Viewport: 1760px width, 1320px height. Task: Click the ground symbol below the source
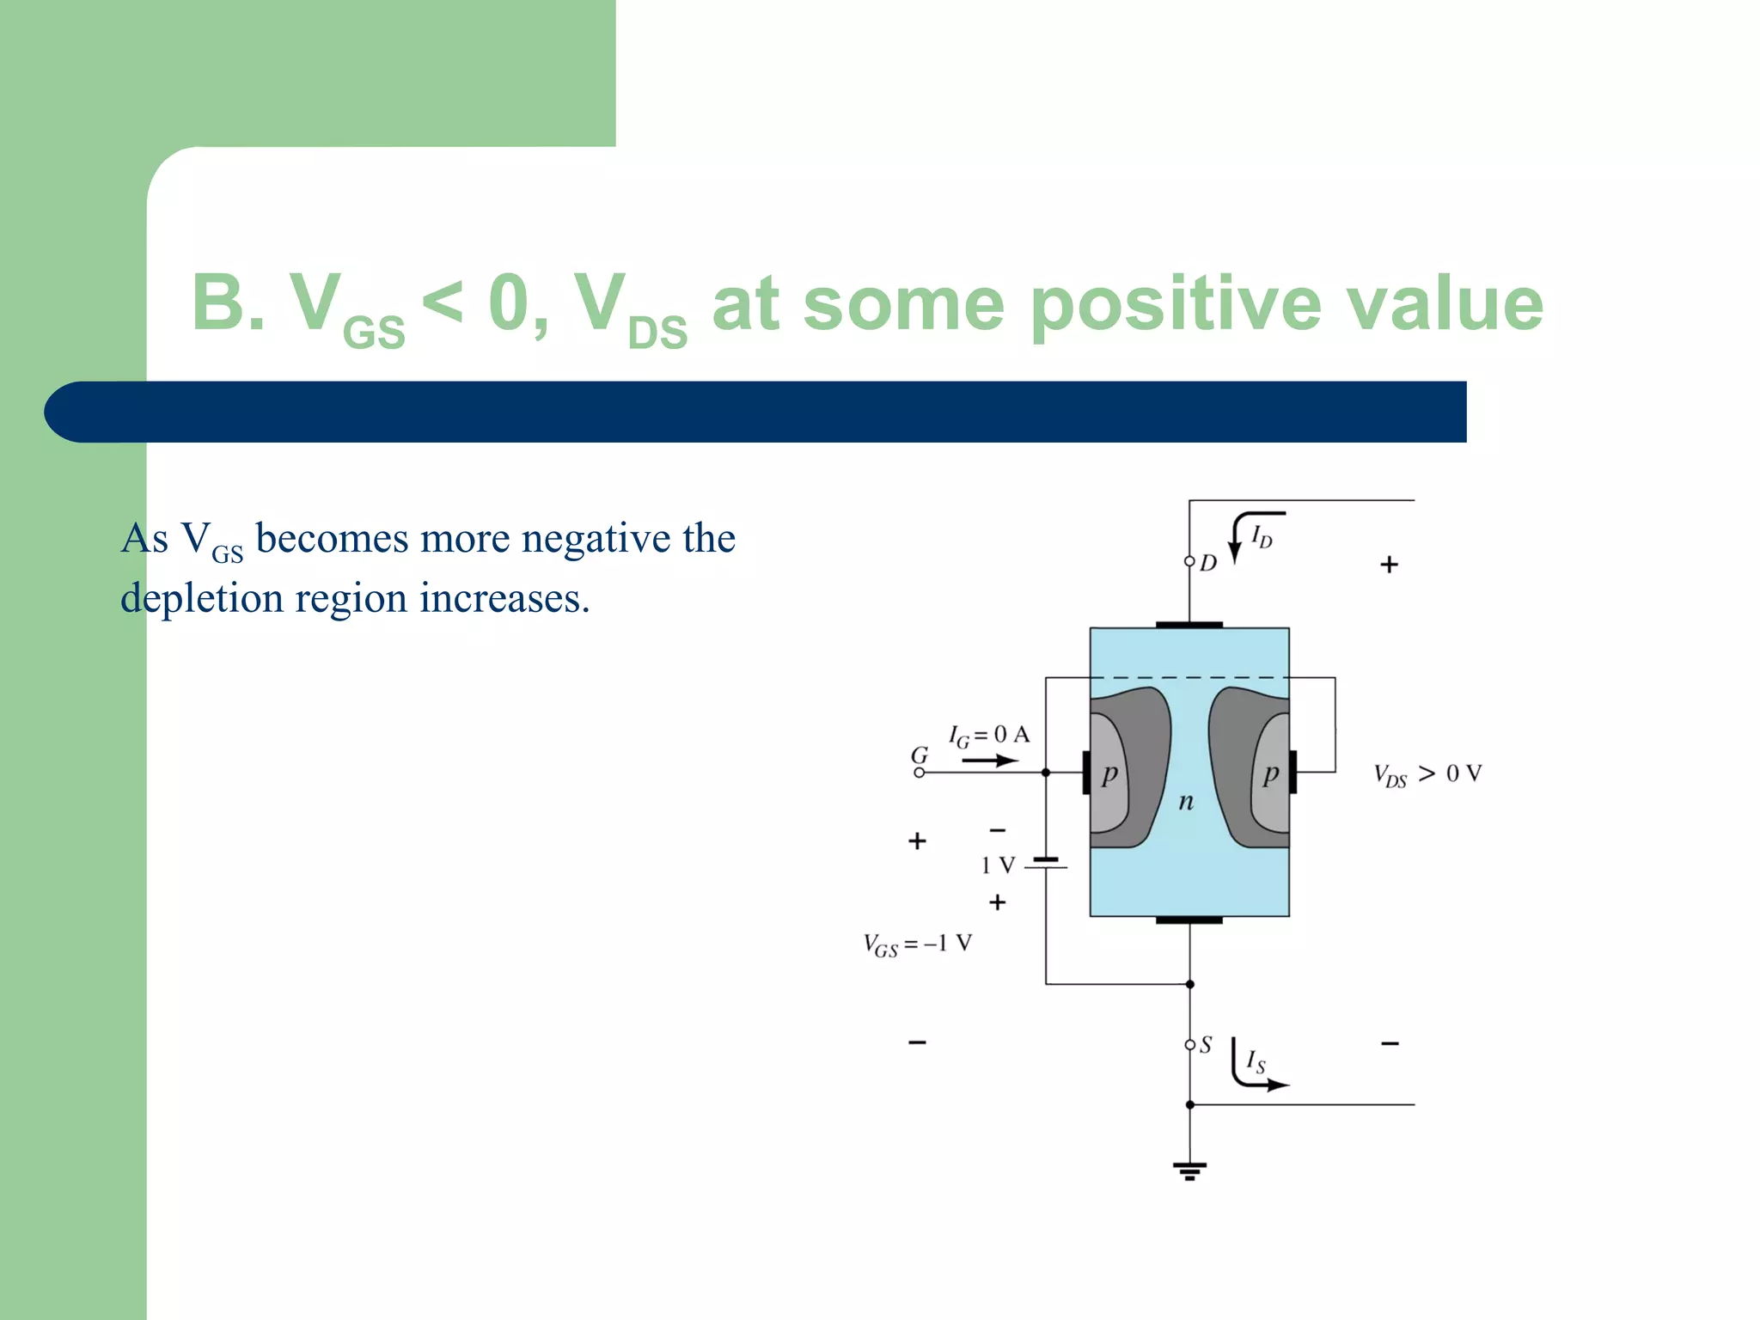pos(1189,1170)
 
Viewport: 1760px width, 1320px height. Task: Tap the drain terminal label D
pos(1208,563)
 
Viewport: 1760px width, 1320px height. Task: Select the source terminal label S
pos(1206,1045)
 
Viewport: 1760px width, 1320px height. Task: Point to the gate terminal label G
pos(920,755)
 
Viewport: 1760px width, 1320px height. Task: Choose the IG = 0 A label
pos(988,735)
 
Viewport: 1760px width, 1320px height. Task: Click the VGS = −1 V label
pos(918,944)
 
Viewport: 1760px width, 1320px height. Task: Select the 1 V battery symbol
pos(1046,864)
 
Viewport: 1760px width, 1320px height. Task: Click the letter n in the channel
pos(1186,802)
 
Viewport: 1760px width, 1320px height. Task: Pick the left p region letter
pos(1109,774)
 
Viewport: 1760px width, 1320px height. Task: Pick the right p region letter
pos(1270,774)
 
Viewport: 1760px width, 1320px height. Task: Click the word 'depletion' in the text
pos(201,598)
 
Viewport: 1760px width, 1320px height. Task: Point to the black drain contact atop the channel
pos(1189,625)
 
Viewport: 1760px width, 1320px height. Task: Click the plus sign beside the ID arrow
pos(1389,565)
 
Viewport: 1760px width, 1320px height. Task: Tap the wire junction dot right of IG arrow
pos(1046,773)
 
